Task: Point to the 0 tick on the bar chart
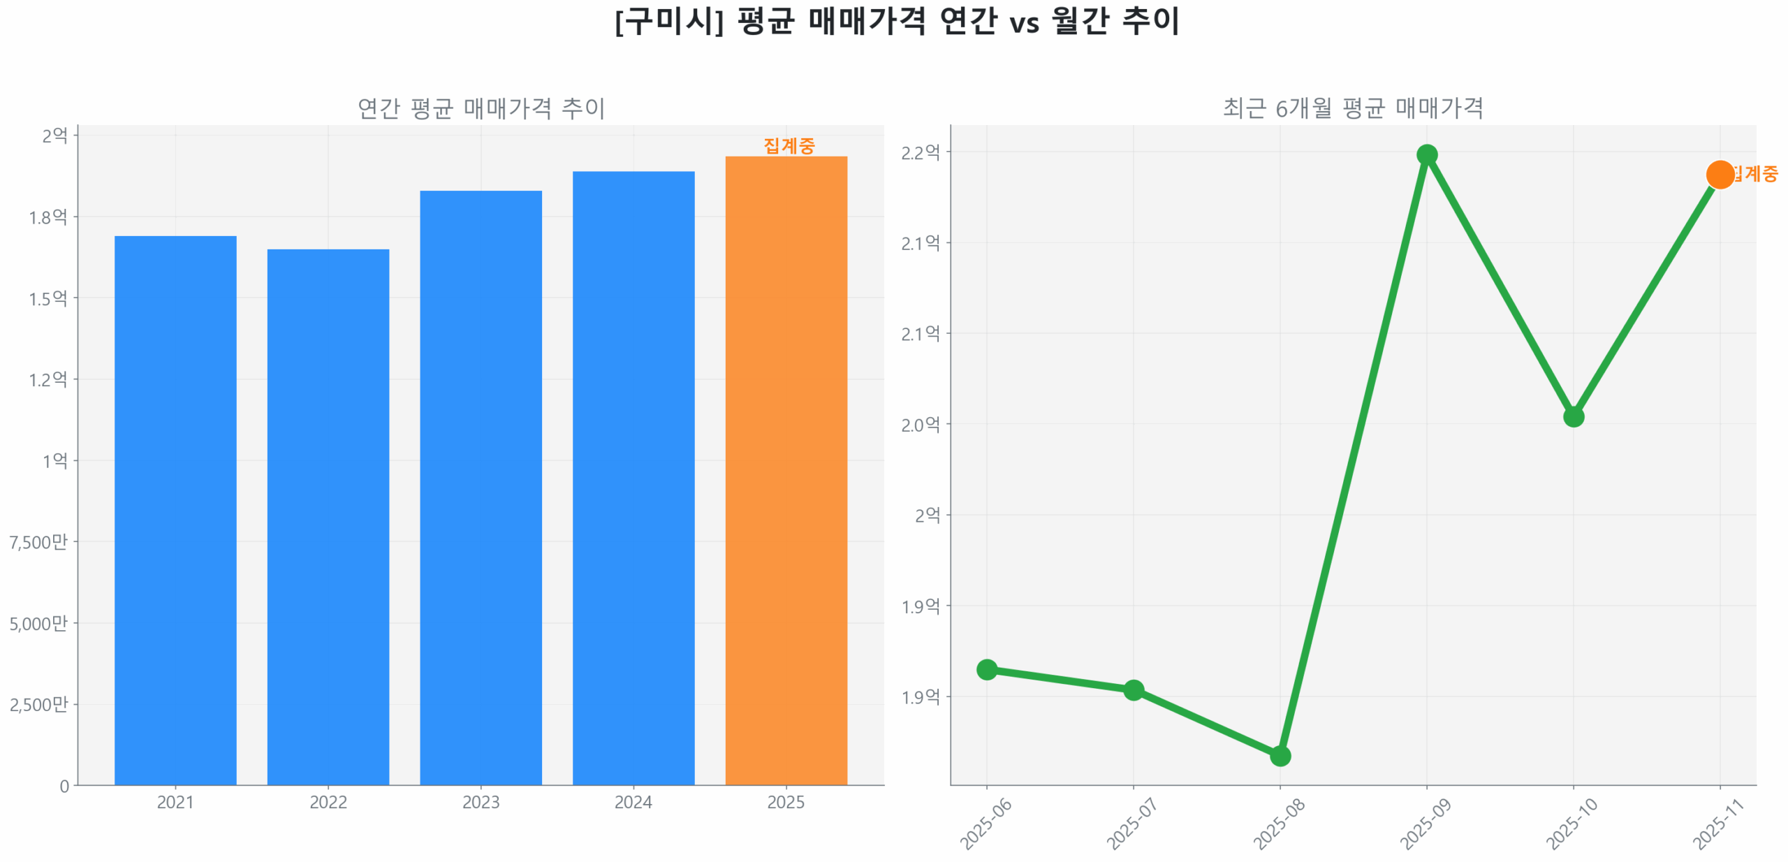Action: point(64,785)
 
